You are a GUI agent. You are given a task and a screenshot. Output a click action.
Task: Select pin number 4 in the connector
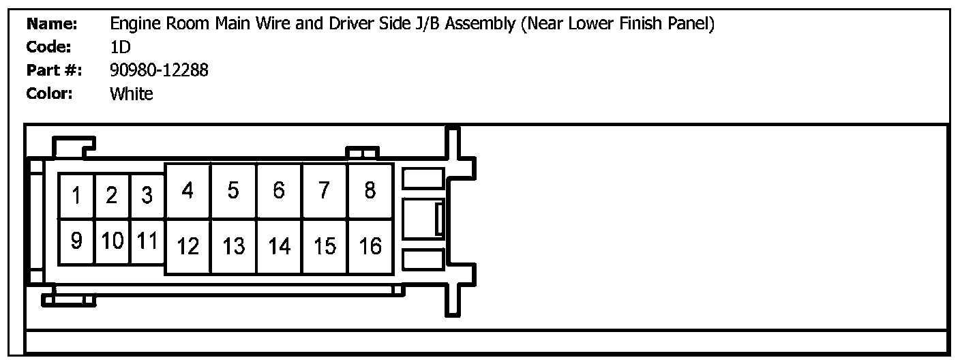[x=187, y=191]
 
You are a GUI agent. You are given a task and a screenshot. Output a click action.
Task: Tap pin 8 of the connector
[x=370, y=191]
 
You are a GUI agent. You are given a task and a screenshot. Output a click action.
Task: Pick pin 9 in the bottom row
[x=76, y=241]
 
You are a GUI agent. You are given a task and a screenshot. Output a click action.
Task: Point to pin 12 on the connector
[x=187, y=246]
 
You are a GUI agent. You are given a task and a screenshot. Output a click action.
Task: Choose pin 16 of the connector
[x=370, y=246]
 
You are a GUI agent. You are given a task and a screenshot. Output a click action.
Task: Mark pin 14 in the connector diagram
[x=279, y=246]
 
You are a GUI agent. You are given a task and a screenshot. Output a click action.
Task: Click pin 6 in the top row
[x=279, y=191]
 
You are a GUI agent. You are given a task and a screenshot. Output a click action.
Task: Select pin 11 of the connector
[x=147, y=241]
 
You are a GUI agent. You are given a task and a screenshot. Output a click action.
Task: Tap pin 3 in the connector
[x=147, y=196]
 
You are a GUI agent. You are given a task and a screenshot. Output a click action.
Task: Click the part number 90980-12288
[x=159, y=70]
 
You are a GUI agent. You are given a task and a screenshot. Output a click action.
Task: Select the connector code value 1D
[x=121, y=47]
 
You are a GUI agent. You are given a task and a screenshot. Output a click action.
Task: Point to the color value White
[x=131, y=93]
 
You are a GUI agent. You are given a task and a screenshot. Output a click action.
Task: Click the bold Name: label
[x=51, y=24]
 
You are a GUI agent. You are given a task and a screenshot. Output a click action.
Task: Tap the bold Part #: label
[x=54, y=70]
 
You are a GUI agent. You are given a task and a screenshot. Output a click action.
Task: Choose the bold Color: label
[x=49, y=93]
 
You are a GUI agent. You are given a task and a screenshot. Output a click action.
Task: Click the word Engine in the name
[x=136, y=25]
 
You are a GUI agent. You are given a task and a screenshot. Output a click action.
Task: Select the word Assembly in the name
[x=480, y=25]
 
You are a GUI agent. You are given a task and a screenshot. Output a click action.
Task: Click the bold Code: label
[x=48, y=47]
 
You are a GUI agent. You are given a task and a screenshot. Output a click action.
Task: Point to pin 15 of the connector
[x=325, y=246]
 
